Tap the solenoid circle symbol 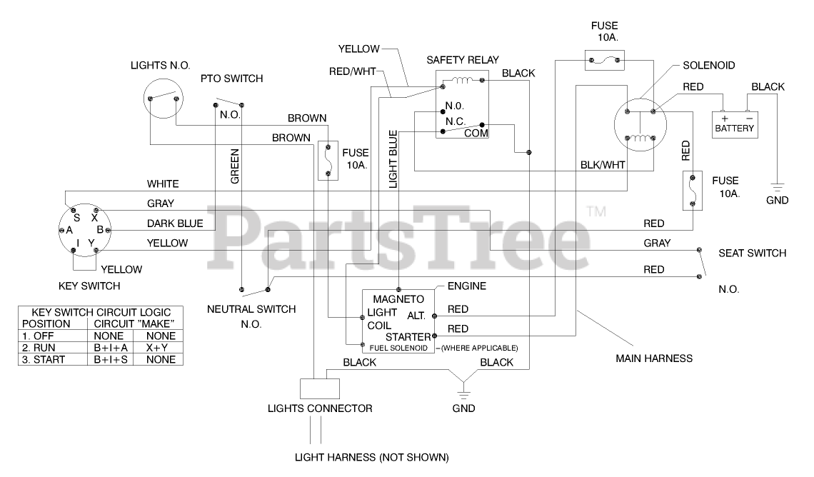(x=640, y=125)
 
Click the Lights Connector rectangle (x=320, y=388)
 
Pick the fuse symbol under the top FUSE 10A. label (x=604, y=61)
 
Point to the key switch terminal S (x=76, y=217)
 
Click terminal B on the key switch (x=101, y=230)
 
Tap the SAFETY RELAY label (x=463, y=60)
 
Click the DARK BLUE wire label (x=175, y=224)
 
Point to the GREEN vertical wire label (x=234, y=166)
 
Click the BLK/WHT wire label (x=603, y=164)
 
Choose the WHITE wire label (x=163, y=184)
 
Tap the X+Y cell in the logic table (x=160, y=348)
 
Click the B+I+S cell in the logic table (x=110, y=360)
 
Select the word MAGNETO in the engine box (x=398, y=298)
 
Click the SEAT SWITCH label (x=752, y=253)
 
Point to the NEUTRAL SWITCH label (x=251, y=310)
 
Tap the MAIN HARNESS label (x=654, y=358)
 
